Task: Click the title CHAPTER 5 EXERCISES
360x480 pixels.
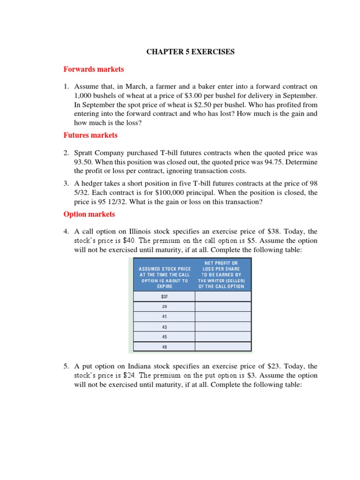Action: pos(190,52)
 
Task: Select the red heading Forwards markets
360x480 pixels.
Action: pos(94,69)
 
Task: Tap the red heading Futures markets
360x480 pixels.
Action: pos(90,135)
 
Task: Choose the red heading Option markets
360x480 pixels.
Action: pos(89,214)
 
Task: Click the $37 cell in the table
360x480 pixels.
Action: pos(164,296)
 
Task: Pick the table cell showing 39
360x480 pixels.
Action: pos(164,307)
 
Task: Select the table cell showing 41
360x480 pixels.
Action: pos(164,316)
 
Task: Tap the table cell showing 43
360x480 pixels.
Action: pos(164,327)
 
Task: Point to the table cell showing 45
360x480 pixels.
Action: pos(164,337)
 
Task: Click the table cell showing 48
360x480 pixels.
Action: pos(164,347)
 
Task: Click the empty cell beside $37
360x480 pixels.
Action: pos(223,296)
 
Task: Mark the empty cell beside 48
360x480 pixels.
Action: pos(223,347)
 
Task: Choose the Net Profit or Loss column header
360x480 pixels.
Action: pos(223,275)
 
